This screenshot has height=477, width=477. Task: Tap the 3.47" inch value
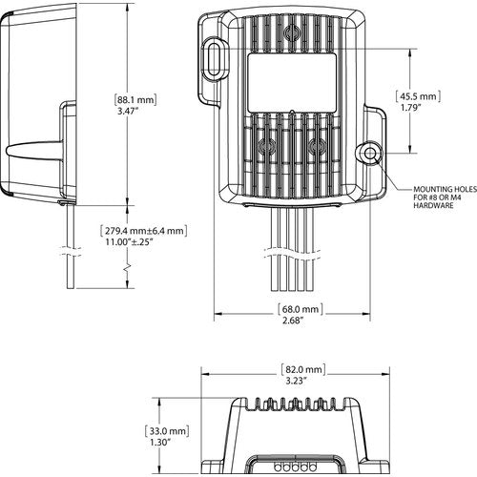[129, 113]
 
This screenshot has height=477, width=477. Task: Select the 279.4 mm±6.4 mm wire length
[143, 230]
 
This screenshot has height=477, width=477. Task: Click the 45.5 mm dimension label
[419, 96]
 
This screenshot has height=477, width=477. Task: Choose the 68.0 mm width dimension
[298, 309]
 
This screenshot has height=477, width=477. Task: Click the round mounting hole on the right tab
[370, 156]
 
